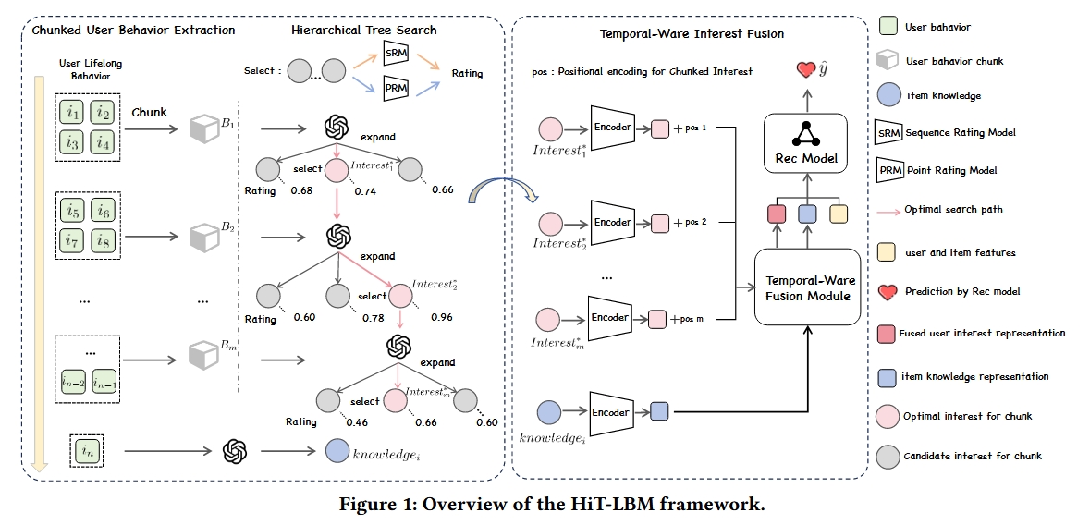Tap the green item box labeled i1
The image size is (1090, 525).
point(72,114)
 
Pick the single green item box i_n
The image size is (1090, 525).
point(87,451)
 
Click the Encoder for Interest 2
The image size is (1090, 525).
point(612,223)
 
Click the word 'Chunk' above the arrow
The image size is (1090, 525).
point(149,113)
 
